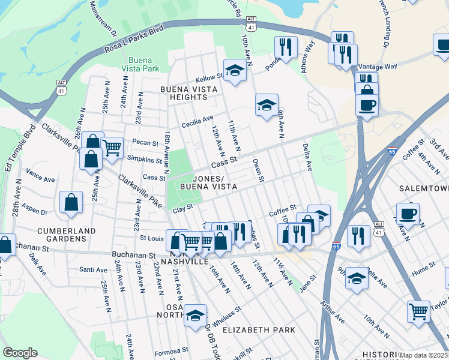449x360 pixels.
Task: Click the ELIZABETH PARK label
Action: [259, 330]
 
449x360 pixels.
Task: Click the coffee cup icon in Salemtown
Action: [408, 213]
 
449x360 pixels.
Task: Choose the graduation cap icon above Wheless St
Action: [195, 314]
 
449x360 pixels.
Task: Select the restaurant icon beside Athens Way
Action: [286, 47]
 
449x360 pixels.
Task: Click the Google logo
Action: [20, 353]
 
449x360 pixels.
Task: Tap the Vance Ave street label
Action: [40, 178]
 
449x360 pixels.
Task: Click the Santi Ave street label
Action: [93, 269]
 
